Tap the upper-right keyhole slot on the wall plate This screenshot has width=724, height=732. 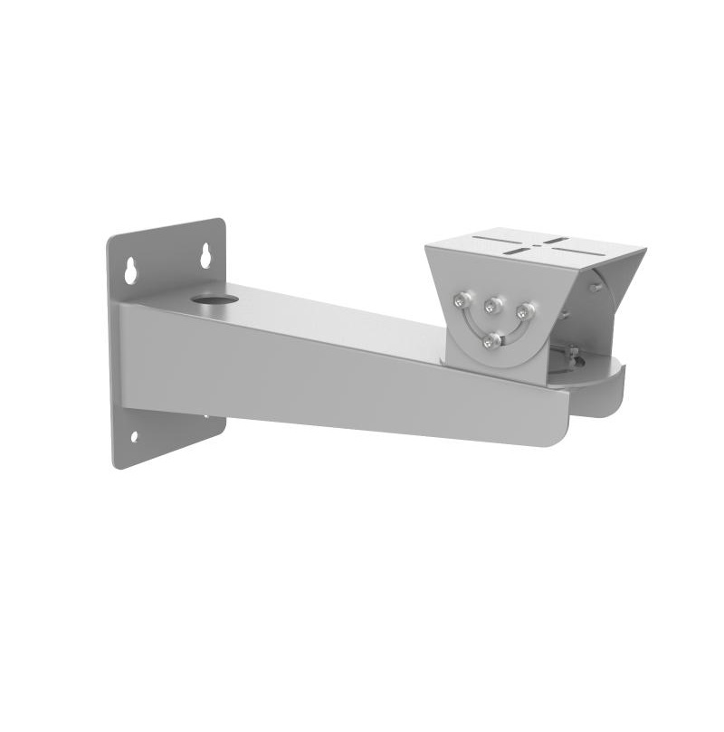(205, 255)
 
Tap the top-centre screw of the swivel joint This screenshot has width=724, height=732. (494, 304)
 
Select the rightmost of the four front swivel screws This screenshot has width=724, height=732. (524, 312)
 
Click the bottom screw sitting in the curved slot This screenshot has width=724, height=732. (491, 341)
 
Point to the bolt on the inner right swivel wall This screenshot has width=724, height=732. (595, 287)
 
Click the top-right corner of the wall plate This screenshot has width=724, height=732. (223, 220)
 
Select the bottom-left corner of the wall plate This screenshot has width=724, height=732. (115, 465)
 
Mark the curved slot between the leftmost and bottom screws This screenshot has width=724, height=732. (472, 325)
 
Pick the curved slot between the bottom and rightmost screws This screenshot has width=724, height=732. (511, 333)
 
